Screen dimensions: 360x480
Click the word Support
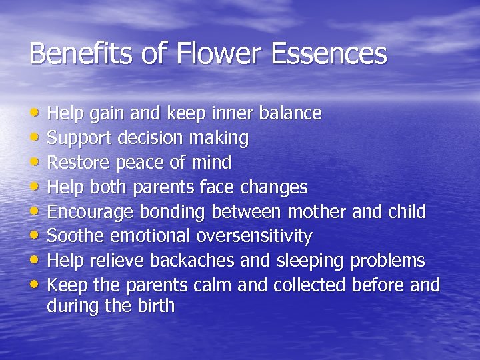tap(81, 139)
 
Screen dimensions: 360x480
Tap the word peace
tap(137, 163)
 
